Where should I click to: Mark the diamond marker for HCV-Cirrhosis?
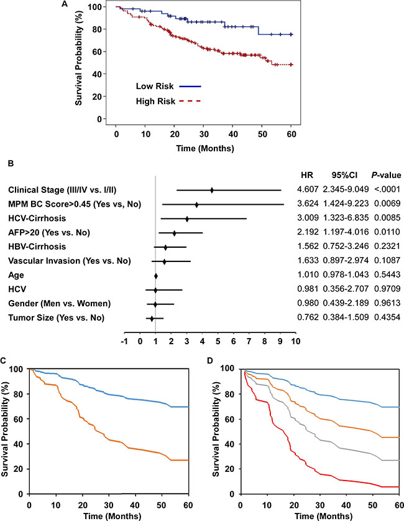(x=187, y=218)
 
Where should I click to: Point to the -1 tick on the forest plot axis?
(x=125, y=340)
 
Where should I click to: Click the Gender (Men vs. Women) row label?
(x=60, y=304)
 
